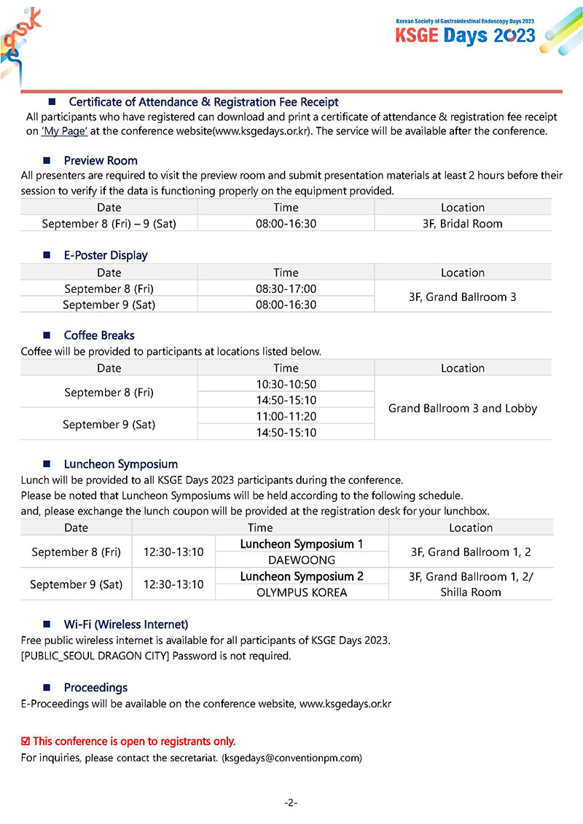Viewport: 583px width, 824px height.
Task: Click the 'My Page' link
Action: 65,131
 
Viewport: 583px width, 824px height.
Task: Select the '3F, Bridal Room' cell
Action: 462,224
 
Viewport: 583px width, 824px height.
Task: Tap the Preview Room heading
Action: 101,160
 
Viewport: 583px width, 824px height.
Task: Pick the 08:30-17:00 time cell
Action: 286,289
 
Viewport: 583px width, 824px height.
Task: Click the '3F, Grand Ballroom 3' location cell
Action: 462,297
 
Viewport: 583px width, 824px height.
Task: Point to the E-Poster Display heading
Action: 106,255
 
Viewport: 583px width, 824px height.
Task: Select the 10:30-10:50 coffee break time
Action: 286,384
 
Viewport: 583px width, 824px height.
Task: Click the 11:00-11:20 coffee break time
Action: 286,417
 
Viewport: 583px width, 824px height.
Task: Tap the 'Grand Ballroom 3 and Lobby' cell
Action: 462,408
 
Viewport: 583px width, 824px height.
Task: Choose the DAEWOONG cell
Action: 302,560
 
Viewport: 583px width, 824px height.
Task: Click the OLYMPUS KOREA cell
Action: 302,592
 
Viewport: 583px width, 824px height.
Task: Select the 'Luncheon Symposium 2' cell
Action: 302,576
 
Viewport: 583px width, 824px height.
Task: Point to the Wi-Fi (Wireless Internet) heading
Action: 126,624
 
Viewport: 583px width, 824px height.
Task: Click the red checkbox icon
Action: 26,742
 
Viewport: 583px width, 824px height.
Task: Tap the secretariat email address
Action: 292,758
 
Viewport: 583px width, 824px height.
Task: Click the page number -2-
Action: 291,803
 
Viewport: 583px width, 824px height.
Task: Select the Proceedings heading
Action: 95,688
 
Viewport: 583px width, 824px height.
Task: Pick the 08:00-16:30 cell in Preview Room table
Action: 286,224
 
